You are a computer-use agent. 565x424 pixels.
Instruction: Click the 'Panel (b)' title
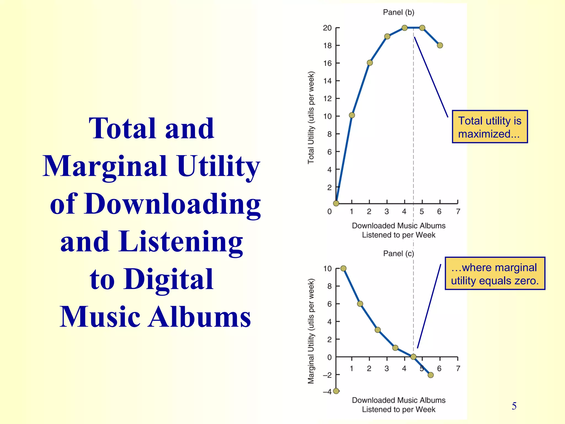point(398,12)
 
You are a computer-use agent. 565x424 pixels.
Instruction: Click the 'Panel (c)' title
point(398,253)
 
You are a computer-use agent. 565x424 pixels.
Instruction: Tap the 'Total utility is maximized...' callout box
point(490,127)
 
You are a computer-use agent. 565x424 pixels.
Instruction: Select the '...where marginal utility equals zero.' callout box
point(495,274)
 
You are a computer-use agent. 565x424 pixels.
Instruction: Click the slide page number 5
point(514,406)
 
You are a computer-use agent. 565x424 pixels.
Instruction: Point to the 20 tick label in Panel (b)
point(327,28)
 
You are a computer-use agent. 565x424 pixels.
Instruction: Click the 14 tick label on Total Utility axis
point(327,81)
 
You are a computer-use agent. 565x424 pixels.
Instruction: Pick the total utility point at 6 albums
point(440,45)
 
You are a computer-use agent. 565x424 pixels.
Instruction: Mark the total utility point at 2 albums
point(370,63)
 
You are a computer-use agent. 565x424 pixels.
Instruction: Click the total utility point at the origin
point(336,203)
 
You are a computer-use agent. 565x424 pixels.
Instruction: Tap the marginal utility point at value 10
point(343,268)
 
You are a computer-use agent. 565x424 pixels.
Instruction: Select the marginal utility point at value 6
point(360,304)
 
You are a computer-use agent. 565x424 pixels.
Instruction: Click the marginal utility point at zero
point(413,357)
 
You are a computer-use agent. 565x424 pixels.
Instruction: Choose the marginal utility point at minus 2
point(431,375)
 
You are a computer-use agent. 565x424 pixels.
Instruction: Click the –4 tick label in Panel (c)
point(327,391)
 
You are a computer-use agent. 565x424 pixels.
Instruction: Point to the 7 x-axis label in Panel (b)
point(458,211)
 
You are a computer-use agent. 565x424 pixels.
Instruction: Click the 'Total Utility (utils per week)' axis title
point(311,118)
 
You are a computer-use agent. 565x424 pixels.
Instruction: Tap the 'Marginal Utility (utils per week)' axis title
point(311,331)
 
